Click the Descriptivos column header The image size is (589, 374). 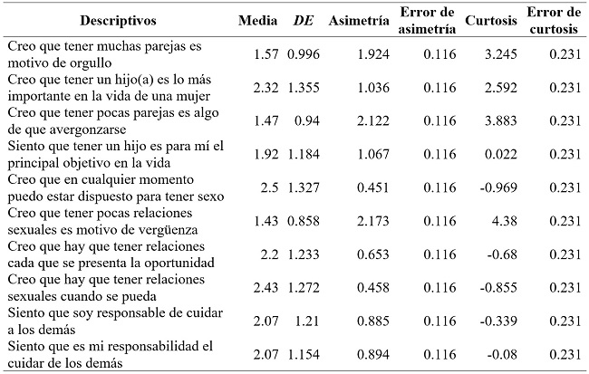point(118,20)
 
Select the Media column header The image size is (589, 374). point(258,20)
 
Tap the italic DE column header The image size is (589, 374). point(303,20)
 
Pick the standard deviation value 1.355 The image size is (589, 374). point(304,89)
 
